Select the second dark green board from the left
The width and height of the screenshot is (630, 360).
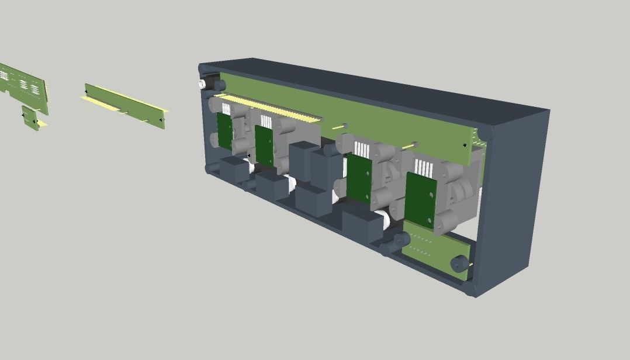click(x=264, y=145)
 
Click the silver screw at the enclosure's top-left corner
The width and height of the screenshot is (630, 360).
click(x=202, y=84)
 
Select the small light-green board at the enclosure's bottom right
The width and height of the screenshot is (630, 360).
click(x=430, y=248)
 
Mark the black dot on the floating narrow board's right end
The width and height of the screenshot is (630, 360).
click(x=161, y=120)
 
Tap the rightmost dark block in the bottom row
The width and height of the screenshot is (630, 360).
click(x=362, y=225)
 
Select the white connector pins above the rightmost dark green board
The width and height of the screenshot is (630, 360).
click(x=422, y=168)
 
